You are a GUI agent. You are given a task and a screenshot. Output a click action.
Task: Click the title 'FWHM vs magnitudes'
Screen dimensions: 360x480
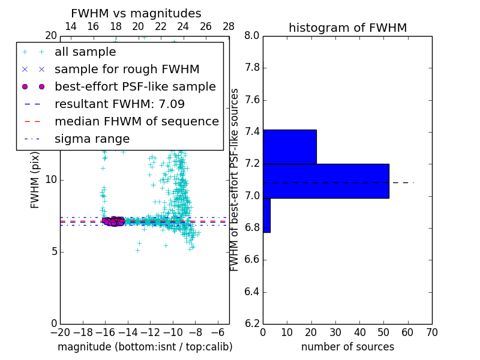click(136, 13)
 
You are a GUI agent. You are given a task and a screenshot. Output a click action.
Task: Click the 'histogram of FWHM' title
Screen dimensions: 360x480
click(347, 28)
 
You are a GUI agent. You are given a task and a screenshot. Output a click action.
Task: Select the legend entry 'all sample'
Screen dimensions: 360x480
click(85, 52)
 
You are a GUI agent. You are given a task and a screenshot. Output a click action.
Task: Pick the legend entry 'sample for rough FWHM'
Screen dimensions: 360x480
click(127, 69)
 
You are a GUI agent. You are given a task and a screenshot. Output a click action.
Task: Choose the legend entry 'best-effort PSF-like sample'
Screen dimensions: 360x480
click(135, 86)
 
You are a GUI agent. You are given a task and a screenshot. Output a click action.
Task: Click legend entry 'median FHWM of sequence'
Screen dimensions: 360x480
click(136, 121)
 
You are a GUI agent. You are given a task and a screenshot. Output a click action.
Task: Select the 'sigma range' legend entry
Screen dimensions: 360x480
click(92, 139)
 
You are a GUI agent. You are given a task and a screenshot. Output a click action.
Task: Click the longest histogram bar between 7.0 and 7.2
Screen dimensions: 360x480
click(326, 181)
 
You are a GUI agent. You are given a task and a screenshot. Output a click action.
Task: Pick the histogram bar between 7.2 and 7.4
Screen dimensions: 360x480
click(289, 146)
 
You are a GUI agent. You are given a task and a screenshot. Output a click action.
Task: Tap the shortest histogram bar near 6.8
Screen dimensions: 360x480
click(266, 215)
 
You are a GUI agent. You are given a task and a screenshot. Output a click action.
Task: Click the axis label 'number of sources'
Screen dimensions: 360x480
click(347, 347)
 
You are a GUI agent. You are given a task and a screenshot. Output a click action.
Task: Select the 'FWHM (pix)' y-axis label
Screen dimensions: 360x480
click(35, 179)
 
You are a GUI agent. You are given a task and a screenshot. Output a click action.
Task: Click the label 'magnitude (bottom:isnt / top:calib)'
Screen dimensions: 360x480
click(145, 347)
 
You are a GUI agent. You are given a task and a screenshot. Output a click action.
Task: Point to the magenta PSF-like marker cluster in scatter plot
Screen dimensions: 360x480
click(113, 221)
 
